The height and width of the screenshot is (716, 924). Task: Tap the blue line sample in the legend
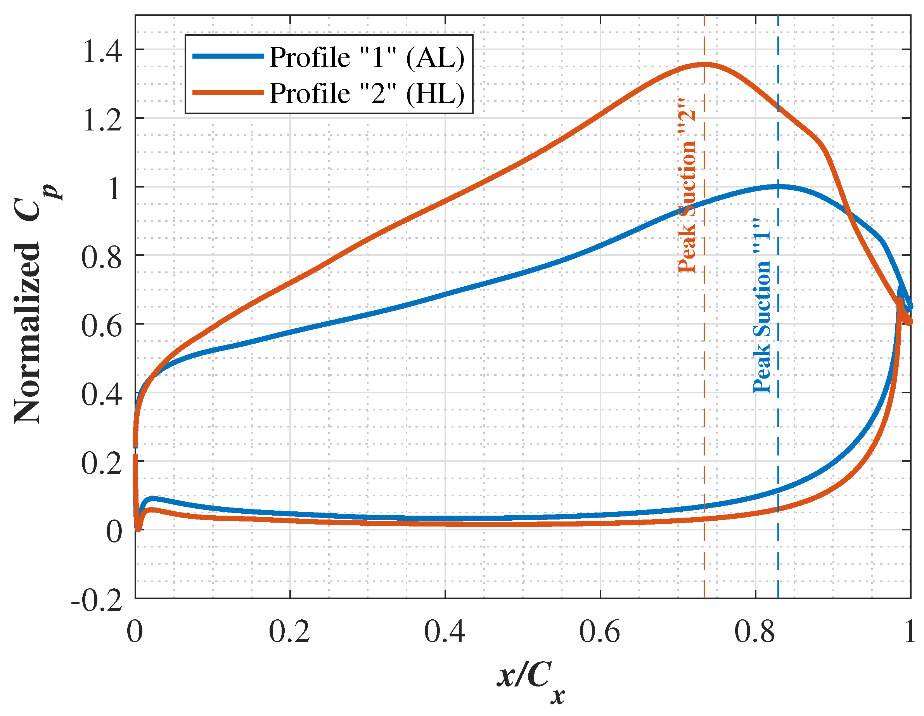click(x=228, y=56)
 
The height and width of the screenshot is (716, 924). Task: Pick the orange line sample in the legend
click(x=228, y=92)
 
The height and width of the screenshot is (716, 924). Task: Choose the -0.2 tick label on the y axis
click(x=97, y=600)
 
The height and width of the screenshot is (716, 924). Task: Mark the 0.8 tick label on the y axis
click(x=102, y=257)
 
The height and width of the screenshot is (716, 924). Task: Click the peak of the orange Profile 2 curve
click(x=704, y=64)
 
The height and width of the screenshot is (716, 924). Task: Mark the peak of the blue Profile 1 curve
click(x=778, y=186)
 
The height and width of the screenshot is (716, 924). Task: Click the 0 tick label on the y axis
click(x=113, y=532)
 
